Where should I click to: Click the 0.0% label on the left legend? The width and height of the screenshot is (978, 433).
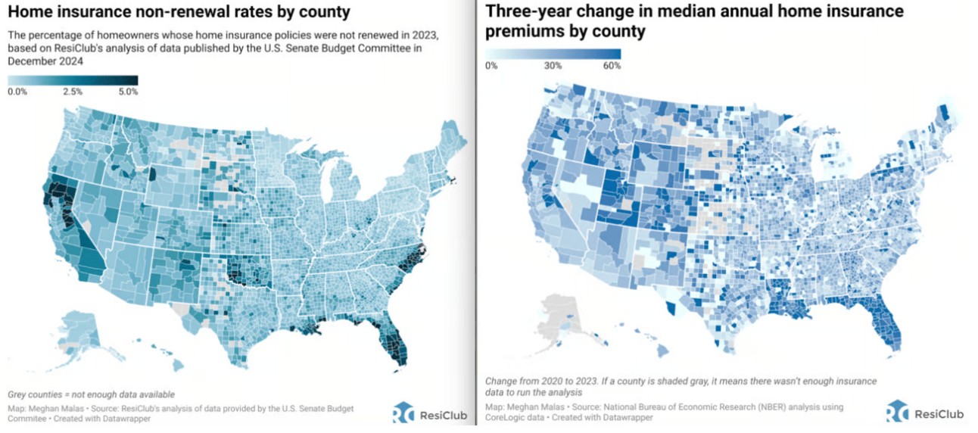[x=17, y=92]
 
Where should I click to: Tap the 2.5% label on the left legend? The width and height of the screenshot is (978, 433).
[x=73, y=92]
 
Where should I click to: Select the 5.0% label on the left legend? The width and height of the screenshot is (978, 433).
[x=127, y=92]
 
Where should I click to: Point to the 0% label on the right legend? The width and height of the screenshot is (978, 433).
[x=491, y=66]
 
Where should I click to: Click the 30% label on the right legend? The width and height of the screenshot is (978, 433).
[x=553, y=66]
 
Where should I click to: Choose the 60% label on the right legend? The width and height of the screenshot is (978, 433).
[x=612, y=66]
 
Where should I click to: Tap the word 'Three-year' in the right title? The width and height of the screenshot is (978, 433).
[x=528, y=12]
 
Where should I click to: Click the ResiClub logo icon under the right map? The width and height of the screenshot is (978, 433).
[x=898, y=413]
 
